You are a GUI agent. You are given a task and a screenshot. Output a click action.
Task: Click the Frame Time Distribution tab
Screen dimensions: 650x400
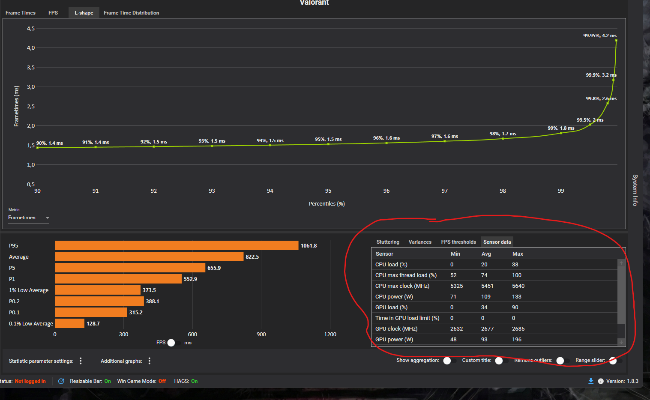(x=131, y=13)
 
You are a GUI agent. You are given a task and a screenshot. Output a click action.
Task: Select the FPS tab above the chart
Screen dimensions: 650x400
(x=53, y=13)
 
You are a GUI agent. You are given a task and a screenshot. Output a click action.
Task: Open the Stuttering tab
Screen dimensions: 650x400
(x=388, y=242)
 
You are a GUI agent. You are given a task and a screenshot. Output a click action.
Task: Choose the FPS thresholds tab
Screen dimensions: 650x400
(x=458, y=242)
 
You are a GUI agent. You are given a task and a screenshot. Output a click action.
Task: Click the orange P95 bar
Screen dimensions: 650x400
(x=177, y=245)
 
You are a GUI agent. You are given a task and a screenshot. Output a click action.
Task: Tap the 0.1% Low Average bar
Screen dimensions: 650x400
(x=70, y=323)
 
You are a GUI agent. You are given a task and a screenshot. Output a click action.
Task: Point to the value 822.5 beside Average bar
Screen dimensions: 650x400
(x=252, y=257)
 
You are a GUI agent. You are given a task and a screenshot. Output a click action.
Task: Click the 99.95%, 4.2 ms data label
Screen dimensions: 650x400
(x=600, y=36)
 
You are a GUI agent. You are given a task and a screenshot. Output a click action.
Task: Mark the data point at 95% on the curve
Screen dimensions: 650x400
(x=328, y=144)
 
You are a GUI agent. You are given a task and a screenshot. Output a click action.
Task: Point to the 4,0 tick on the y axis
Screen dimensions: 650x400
(x=31, y=48)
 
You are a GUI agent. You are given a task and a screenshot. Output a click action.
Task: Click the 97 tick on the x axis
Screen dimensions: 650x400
(x=445, y=191)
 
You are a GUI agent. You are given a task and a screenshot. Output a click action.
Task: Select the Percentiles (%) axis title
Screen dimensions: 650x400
(x=327, y=203)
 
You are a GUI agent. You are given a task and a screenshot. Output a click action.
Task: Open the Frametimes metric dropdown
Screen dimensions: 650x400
(x=28, y=218)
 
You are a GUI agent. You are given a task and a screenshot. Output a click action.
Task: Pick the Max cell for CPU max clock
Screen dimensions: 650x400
(x=518, y=286)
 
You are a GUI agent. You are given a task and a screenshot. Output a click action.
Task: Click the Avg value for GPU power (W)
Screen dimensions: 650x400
(x=484, y=339)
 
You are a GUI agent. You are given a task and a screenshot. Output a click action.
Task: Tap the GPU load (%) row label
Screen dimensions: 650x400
(x=391, y=307)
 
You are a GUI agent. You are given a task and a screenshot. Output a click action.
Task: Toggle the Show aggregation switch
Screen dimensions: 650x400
(x=449, y=361)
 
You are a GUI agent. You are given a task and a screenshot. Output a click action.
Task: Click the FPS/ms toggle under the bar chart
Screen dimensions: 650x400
(x=174, y=343)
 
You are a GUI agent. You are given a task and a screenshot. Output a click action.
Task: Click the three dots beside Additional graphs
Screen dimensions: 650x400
(x=150, y=361)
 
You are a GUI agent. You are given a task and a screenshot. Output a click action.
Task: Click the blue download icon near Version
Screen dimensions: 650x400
(x=591, y=381)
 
